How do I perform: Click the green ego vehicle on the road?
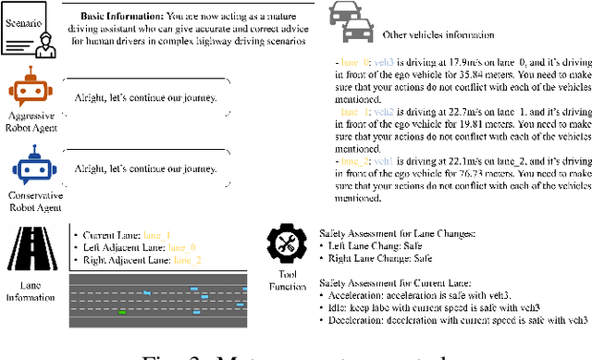click(122, 312)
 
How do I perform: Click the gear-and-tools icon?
click(285, 242)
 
